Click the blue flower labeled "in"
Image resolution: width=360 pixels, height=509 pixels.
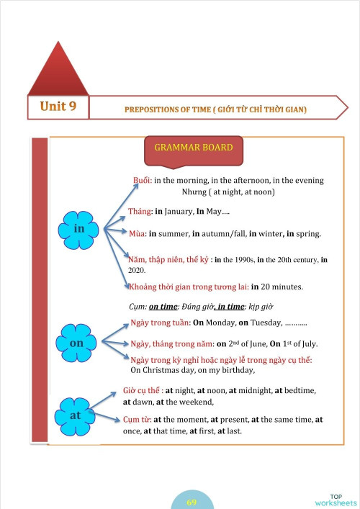(79, 228)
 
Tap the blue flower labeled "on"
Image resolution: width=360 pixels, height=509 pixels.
(76, 343)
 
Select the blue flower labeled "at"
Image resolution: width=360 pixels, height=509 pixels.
(75, 415)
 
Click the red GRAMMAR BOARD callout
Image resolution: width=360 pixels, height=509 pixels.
(194, 149)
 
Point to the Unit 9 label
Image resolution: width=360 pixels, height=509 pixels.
(58, 107)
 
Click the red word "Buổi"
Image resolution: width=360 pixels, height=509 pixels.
(142, 180)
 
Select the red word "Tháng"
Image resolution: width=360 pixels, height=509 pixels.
(140, 212)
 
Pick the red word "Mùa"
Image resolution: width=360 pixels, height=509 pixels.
(137, 234)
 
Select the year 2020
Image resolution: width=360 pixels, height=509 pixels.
(138, 270)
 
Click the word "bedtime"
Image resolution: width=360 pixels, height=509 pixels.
(298, 390)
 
